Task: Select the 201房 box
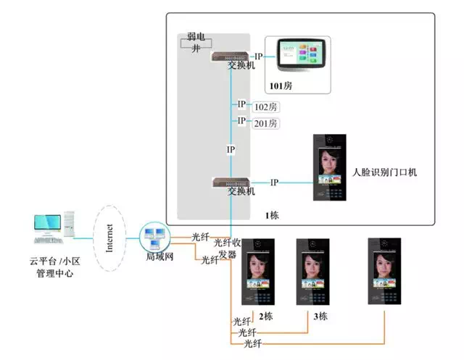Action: point(265,123)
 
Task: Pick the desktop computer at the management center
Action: point(53,226)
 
